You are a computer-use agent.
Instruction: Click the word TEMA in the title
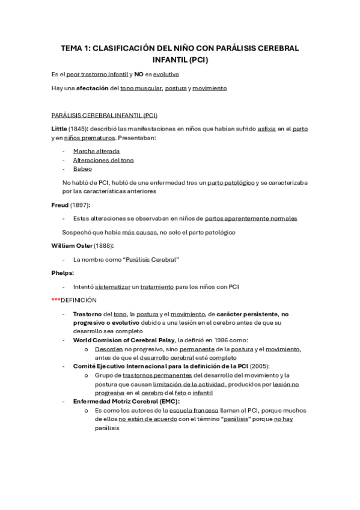tap(75, 49)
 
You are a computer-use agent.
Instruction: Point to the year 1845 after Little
tap(76, 129)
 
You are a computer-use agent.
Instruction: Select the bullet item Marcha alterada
tap(96, 151)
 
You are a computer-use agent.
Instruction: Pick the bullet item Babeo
tap(82, 169)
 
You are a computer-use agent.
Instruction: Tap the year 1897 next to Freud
tap(80, 205)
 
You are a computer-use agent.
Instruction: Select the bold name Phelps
tap(63, 272)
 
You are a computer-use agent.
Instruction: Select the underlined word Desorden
tap(108, 349)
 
